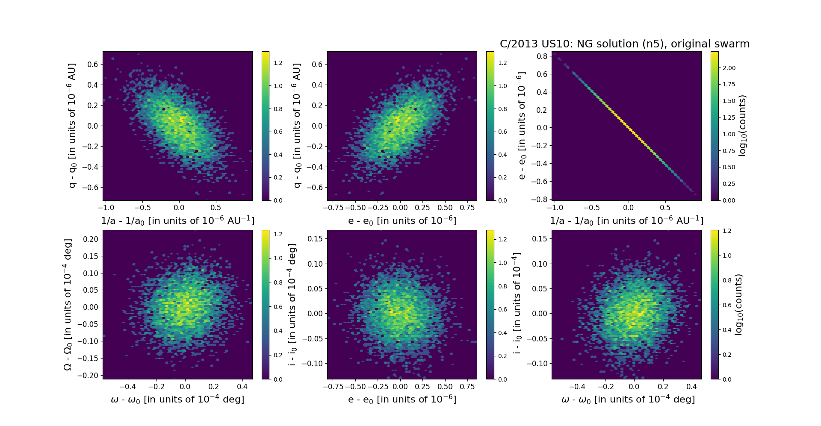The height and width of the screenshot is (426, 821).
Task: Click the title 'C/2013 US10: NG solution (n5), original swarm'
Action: coord(624,44)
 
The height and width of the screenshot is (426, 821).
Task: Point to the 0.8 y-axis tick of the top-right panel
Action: coord(543,56)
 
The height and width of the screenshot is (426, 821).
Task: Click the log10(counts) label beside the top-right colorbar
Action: coord(743,126)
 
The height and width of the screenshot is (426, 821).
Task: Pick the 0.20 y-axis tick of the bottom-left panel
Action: coord(90,239)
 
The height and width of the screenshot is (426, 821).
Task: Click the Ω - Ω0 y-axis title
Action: coord(68,304)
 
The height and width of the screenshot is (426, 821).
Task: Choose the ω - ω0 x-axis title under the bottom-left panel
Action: coord(177,400)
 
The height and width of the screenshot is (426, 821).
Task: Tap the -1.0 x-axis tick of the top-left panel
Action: coord(106,208)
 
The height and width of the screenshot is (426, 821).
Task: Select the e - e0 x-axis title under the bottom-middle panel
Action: coord(402,400)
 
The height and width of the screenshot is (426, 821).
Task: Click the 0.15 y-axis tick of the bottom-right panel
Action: coord(539,238)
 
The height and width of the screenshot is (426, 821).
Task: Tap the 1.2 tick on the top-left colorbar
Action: coord(278,63)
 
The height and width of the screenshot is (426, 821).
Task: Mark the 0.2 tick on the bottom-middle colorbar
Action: coord(502,356)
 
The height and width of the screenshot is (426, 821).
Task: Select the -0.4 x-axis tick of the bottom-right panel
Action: coord(577,387)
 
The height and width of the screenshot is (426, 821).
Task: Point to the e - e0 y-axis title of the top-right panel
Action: coord(521,126)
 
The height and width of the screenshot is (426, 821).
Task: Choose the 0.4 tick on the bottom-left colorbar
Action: coord(278,331)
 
